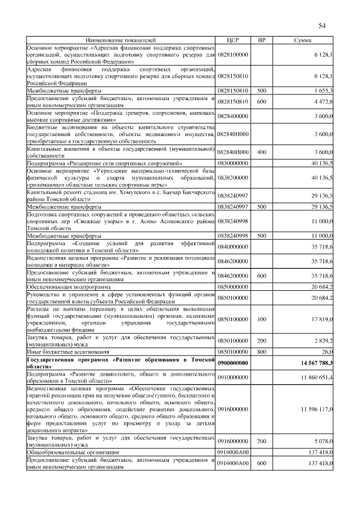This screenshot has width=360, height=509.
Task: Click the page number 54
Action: point(322,25)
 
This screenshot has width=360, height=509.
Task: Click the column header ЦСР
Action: point(232,40)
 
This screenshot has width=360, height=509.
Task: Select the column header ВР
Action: point(261,40)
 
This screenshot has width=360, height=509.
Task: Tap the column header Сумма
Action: point(304,40)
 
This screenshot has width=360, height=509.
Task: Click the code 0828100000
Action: point(233,55)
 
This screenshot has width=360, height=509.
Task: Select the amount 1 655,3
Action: point(323,90)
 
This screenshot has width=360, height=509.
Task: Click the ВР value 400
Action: point(261,152)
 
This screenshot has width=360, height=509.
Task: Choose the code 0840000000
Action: point(233,247)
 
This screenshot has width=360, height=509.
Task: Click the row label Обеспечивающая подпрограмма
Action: point(62,286)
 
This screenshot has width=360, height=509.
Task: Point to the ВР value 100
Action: point(261,319)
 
